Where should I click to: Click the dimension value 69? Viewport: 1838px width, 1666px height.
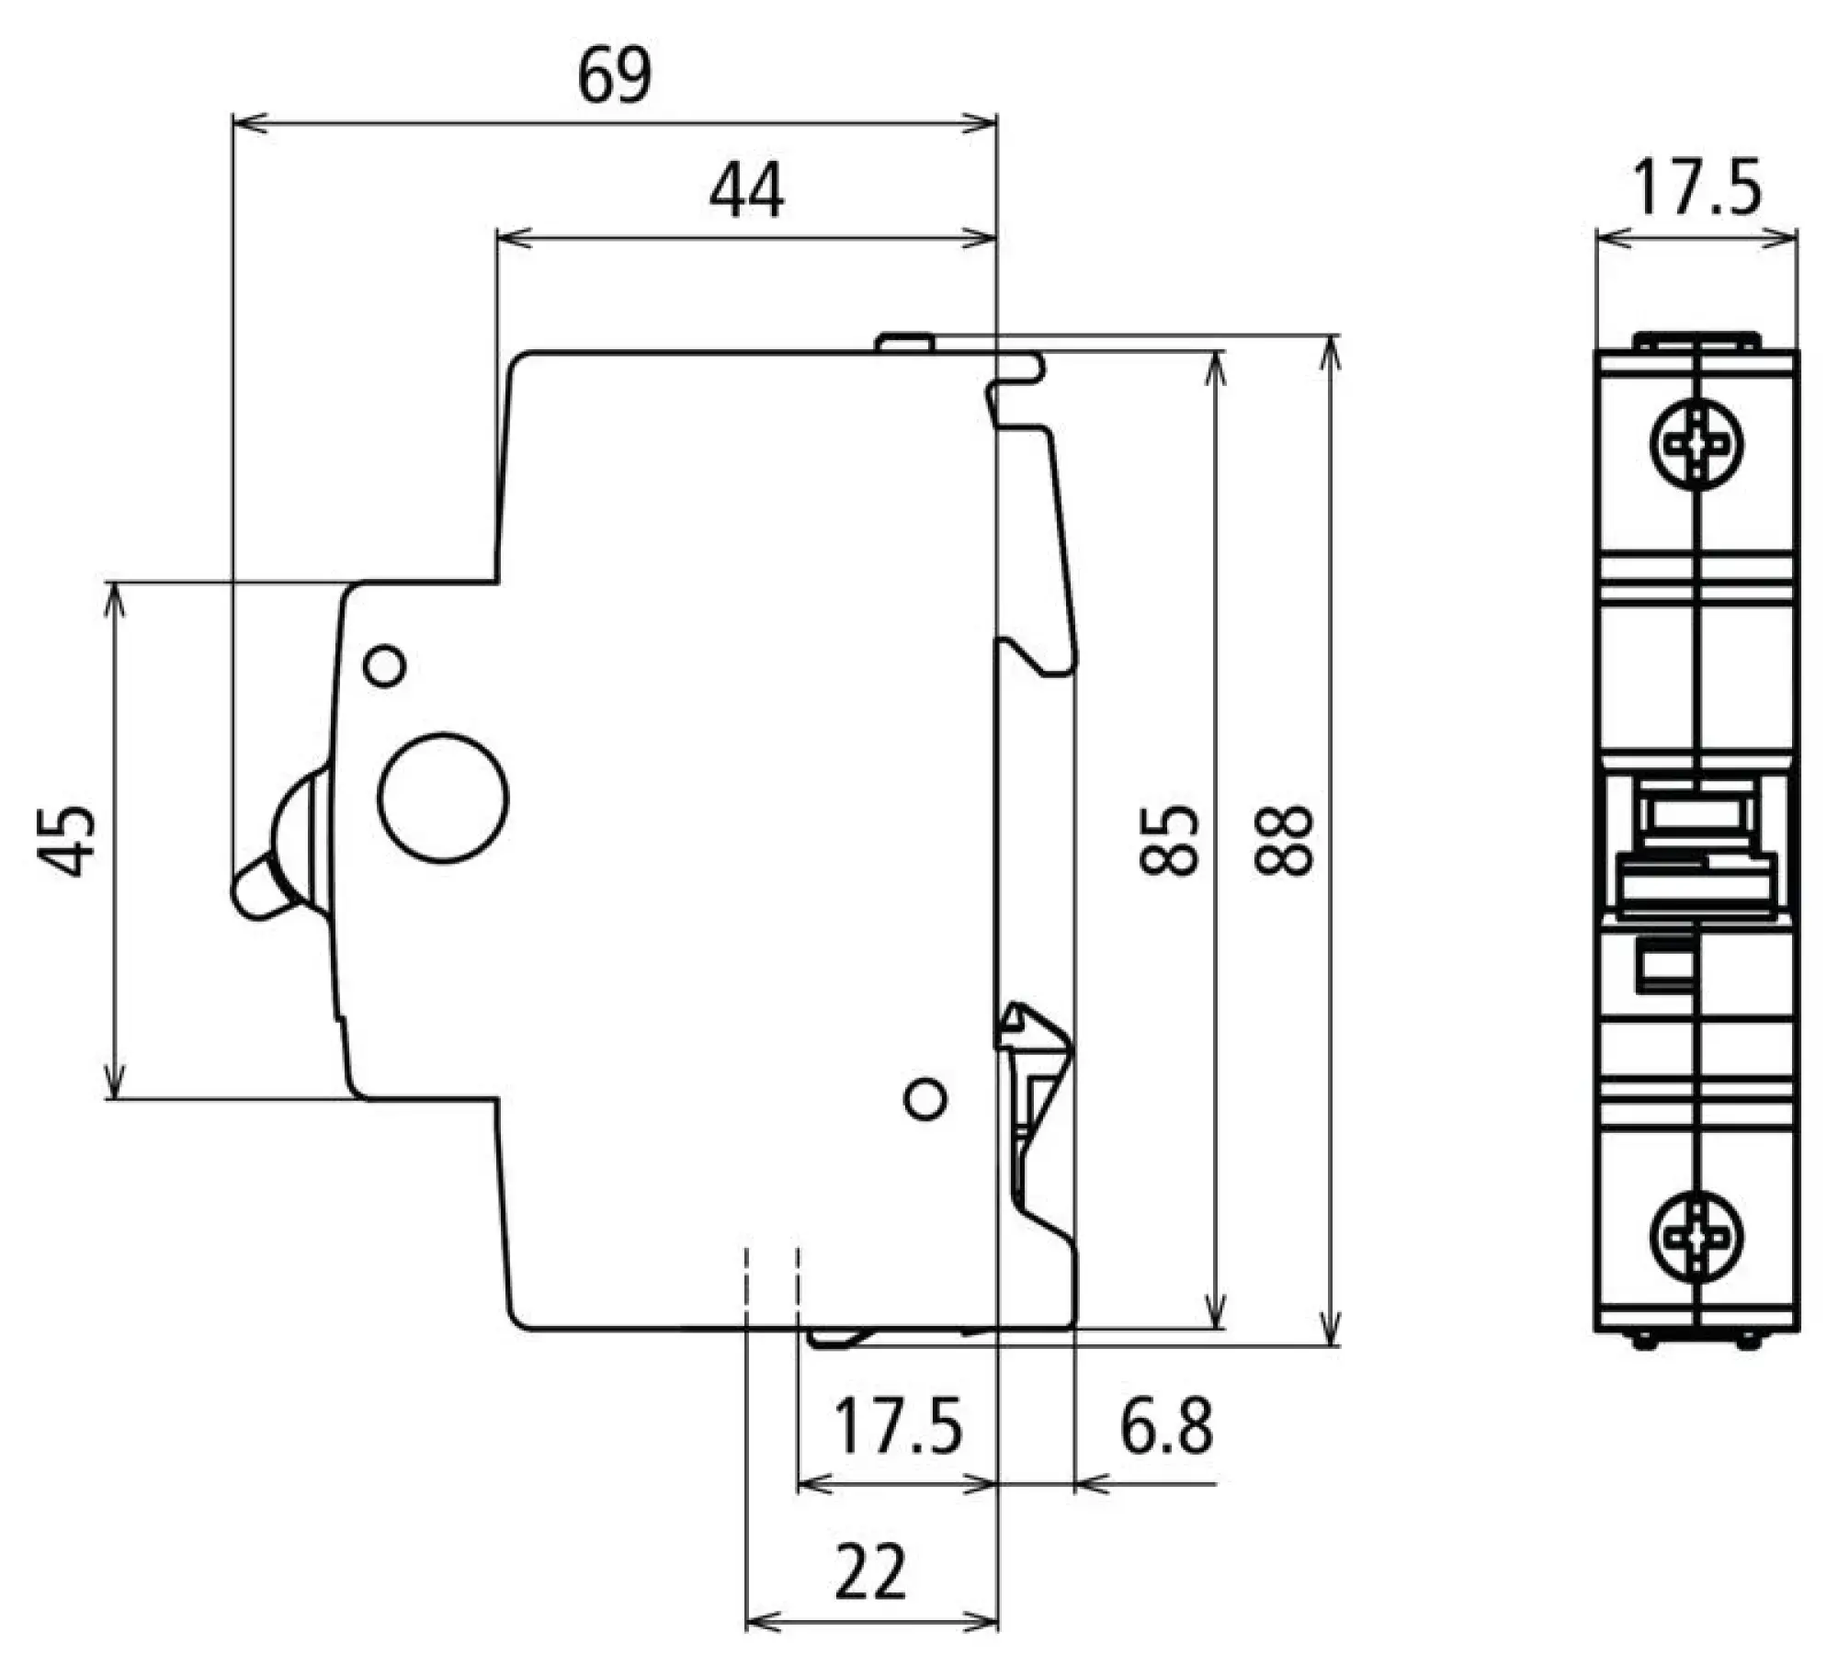click(x=615, y=76)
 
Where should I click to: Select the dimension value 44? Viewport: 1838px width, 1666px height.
click(x=746, y=191)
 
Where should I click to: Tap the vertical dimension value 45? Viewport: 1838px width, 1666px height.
click(x=67, y=840)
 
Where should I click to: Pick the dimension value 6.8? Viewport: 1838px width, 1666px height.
click(x=1166, y=1427)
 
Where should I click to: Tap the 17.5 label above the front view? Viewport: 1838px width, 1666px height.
click(x=1696, y=188)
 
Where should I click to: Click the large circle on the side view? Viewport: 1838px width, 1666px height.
click(x=443, y=798)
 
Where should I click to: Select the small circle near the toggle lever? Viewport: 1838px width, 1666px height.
click(x=385, y=665)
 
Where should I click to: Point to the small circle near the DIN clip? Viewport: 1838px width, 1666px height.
click(x=925, y=1099)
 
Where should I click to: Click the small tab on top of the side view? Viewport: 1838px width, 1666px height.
click(x=904, y=343)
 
